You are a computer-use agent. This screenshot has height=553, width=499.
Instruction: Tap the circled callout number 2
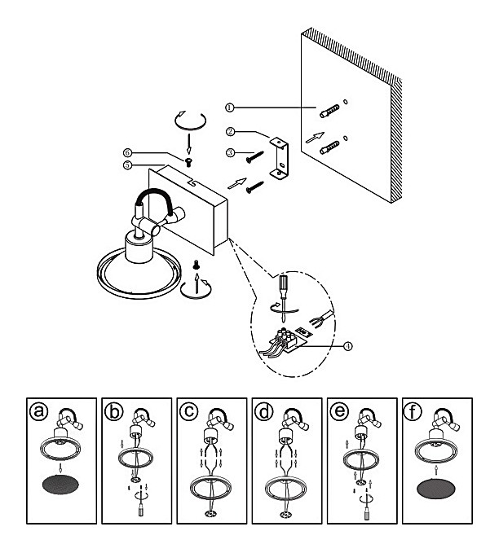click(x=231, y=131)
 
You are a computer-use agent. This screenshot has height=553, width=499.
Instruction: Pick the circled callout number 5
click(x=127, y=164)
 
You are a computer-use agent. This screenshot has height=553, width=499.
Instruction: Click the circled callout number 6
click(x=127, y=152)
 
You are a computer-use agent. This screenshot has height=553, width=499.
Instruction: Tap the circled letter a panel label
click(x=35, y=412)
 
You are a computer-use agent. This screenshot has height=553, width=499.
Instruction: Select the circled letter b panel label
click(x=113, y=412)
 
